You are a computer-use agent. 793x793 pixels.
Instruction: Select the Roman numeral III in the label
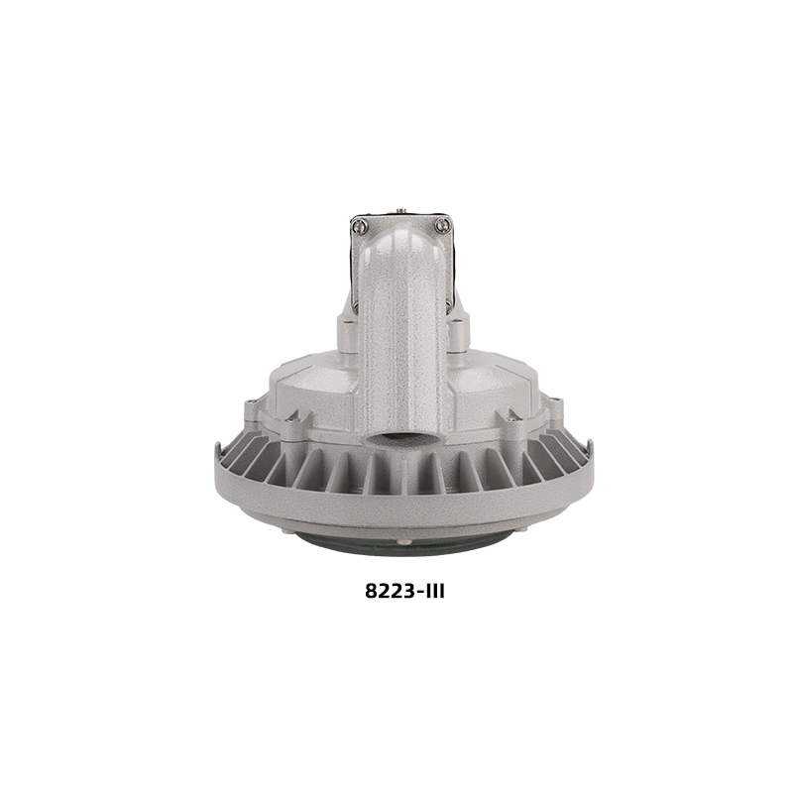point(432,590)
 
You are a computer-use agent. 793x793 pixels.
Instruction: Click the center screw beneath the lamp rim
point(401,541)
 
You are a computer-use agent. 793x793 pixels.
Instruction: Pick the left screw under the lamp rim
point(284,530)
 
